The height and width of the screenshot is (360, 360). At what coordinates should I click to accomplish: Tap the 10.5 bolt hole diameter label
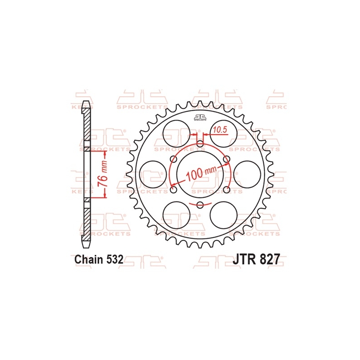coord(219,130)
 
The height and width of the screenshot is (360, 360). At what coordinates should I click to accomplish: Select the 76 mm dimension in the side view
coord(103,173)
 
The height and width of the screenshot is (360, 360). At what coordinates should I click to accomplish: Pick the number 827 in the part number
coord(271,260)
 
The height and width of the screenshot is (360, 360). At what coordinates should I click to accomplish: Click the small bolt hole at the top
coord(200,144)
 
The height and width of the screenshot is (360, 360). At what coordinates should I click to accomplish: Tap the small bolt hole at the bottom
coord(200,205)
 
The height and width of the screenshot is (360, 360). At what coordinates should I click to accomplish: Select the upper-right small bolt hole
coord(226,159)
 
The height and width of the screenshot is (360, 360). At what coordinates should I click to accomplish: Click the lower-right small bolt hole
coord(226,189)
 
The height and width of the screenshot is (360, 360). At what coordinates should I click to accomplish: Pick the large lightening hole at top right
coord(225,132)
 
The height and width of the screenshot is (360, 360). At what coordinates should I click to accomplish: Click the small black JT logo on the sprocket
coord(200,119)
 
